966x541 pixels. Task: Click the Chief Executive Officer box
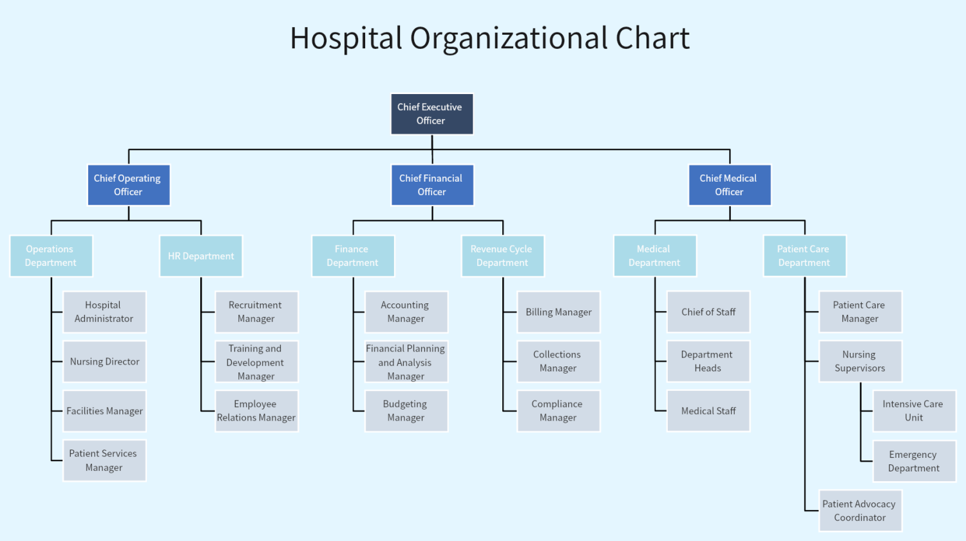tap(431, 114)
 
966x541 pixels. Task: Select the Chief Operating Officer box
tap(128, 185)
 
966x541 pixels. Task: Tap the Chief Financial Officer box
tap(431, 185)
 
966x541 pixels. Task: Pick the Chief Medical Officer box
tap(729, 185)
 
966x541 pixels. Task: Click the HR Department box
tap(201, 256)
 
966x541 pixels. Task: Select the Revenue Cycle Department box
tap(502, 256)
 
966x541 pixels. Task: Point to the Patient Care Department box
tap(804, 256)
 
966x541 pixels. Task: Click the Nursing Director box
tap(104, 361)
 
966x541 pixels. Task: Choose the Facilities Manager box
tap(104, 411)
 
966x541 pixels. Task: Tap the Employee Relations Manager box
tap(256, 411)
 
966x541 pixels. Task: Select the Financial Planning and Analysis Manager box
tap(406, 362)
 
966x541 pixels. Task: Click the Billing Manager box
tap(558, 312)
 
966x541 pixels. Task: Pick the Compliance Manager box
tap(558, 411)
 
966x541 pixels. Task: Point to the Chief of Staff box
tap(708, 312)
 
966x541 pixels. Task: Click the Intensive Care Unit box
tap(913, 411)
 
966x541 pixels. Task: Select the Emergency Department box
tap(913, 461)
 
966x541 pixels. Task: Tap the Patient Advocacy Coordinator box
tap(860, 511)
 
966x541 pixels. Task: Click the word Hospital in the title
tap(346, 39)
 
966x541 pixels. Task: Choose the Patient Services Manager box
tap(104, 460)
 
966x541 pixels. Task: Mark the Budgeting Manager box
tap(406, 411)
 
